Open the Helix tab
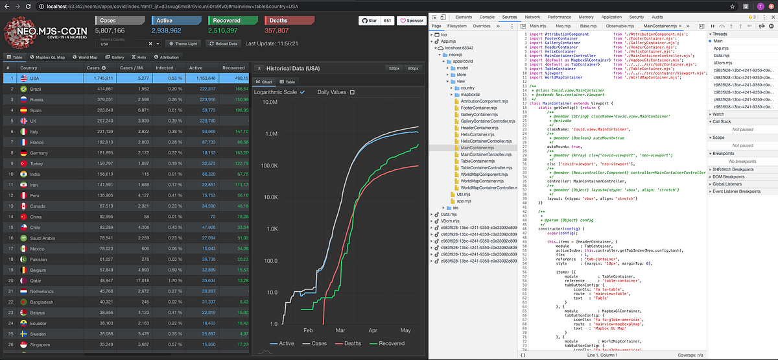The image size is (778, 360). [x=139, y=57]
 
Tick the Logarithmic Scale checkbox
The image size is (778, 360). [x=302, y=92]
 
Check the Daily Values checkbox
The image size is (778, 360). [x=352, y=92]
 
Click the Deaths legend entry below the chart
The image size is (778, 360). [x=349, y=343]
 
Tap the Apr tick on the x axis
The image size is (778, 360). [x=373, y=330]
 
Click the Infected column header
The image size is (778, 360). [x=165, y=67]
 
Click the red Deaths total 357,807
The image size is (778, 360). [x=277, y=30]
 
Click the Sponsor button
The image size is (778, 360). [x=410, y=21]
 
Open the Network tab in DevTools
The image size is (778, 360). [x=532, y=17]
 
